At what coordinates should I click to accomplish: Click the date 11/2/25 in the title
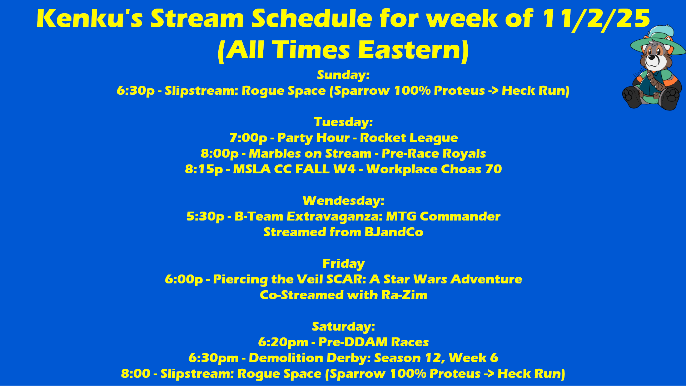[x=596, y=19]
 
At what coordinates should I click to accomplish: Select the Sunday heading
[x=343, y=75]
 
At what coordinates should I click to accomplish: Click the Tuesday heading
[x=343, y=122]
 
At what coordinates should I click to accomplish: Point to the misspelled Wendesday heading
[x=343, y=201]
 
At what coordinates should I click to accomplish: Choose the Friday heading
[x=343, y=264]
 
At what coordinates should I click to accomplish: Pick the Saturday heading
[x=343, y=326]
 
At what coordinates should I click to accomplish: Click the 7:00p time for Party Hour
[x=248, y=138]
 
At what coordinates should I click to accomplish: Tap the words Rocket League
[x=409, y=138]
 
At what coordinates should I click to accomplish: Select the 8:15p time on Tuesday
[x=204, y=169]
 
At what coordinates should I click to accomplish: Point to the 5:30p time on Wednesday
[x=205, y=217]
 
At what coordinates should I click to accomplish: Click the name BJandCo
[x=394, y=232]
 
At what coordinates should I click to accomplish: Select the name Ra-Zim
[x=404, y=295]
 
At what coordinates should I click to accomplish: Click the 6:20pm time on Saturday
[x=283, y=342]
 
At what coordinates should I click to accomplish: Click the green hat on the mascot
[x=657, y=41]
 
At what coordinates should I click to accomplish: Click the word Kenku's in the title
[x=89, y=19]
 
